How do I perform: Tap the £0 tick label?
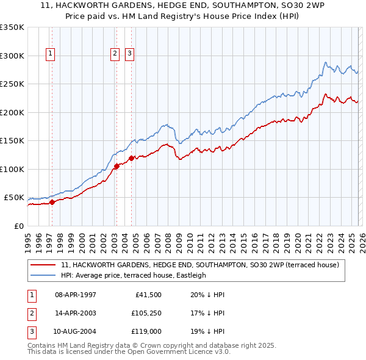18,226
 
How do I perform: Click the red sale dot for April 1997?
52,202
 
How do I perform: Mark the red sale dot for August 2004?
131,158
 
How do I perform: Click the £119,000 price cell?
147,331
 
